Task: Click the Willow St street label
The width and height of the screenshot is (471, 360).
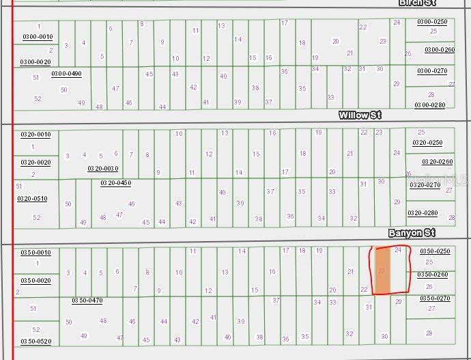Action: click(360, 115)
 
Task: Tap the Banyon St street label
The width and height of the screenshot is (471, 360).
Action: click(412, 234)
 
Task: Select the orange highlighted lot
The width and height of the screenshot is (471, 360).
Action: click(382, 271)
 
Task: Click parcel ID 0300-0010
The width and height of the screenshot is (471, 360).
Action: click(38, 36)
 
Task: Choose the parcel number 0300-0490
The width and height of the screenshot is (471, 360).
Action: click(66, 74)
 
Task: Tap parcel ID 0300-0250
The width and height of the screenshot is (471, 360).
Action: click(431, 22)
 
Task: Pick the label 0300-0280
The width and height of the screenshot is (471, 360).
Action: click(429, 105)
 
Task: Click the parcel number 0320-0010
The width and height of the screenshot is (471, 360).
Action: click(35, 135)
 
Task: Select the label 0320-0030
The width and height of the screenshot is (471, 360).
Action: click(102, 168)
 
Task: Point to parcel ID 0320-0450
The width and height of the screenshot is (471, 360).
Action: click(115, 182)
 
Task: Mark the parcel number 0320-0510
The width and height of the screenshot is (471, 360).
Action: click(32, 199)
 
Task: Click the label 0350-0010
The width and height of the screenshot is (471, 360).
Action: click(35, 253)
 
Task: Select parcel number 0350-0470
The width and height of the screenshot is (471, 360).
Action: click(87, 300)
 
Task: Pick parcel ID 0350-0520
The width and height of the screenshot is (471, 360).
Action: click(35, 341)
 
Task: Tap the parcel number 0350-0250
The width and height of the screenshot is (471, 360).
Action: click(435, 251)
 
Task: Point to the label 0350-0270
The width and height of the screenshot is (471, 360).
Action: click(435, 298)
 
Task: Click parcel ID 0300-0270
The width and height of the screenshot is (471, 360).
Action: click(432, 71)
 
